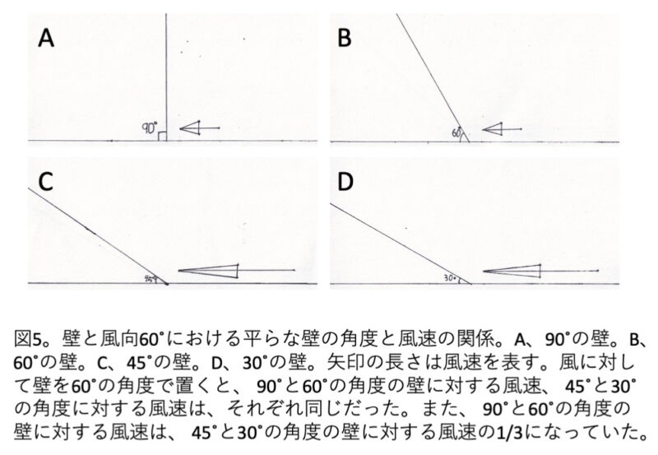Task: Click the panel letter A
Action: tap(46, 38)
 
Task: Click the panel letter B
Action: tap(344, 38)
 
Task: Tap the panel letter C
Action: tap(46, 181)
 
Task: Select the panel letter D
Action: tap(345, 182)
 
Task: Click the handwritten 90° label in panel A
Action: tap(150, 128)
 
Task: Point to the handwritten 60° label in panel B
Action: tap(456, 132)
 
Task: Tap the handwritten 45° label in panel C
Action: tap(150, 278)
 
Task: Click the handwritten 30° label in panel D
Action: tap(450, 278)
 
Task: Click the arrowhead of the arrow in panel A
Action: tap(190, 128)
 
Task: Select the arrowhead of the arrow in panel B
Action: tap(492, 129)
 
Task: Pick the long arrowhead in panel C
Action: tap(209, 271)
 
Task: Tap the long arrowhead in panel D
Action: tap(512, 272)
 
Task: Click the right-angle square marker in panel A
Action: tap(162, 136)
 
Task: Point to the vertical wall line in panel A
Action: tap(166, 77)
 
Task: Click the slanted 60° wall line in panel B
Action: tap(433, 77)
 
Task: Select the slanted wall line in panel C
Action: tap(98, 236)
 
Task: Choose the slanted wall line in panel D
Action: tap(401, 244)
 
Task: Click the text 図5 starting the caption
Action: tap(27, 339)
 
